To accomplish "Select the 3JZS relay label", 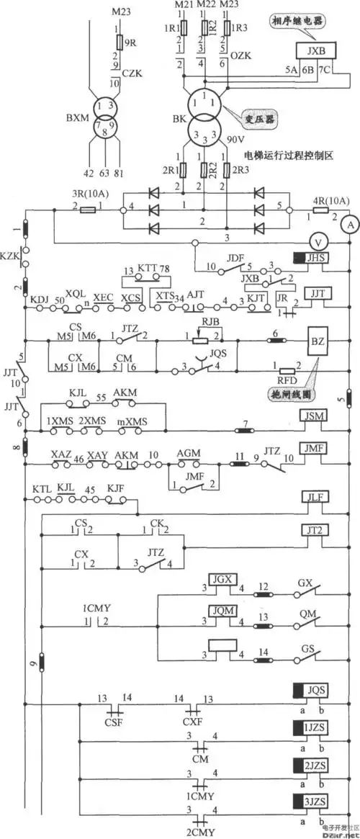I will (315, 801).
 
